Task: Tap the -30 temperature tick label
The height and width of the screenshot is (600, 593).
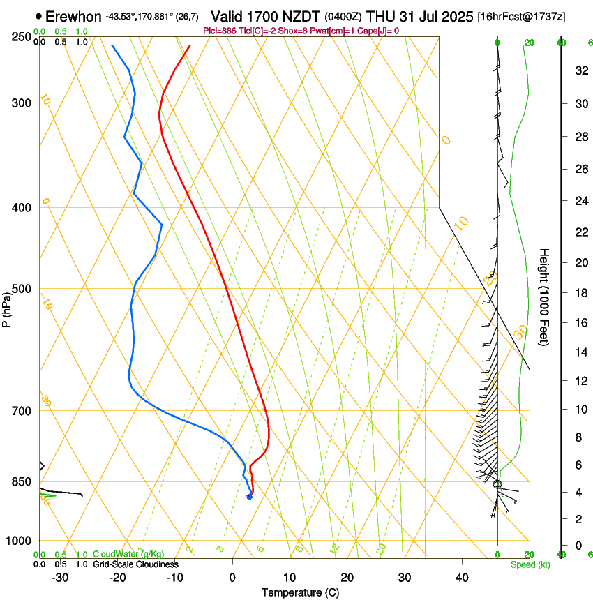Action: point(60,578)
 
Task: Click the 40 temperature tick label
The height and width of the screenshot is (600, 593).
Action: point(461,578)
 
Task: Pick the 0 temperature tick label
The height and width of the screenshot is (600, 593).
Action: point(232,578)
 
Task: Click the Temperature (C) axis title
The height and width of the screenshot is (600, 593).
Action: point(301,592)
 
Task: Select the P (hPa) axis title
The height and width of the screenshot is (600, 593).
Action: point(7,308)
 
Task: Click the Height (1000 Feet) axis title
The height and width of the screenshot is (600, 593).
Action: point(544,297)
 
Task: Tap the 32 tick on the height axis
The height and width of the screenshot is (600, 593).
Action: point(579,70)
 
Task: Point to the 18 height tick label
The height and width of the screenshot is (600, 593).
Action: point(579,293)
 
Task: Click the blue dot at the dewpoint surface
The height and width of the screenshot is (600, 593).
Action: point(249,497)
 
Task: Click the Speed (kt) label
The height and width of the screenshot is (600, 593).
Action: point(530,564)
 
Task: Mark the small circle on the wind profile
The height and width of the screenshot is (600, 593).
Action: point(497,484)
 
